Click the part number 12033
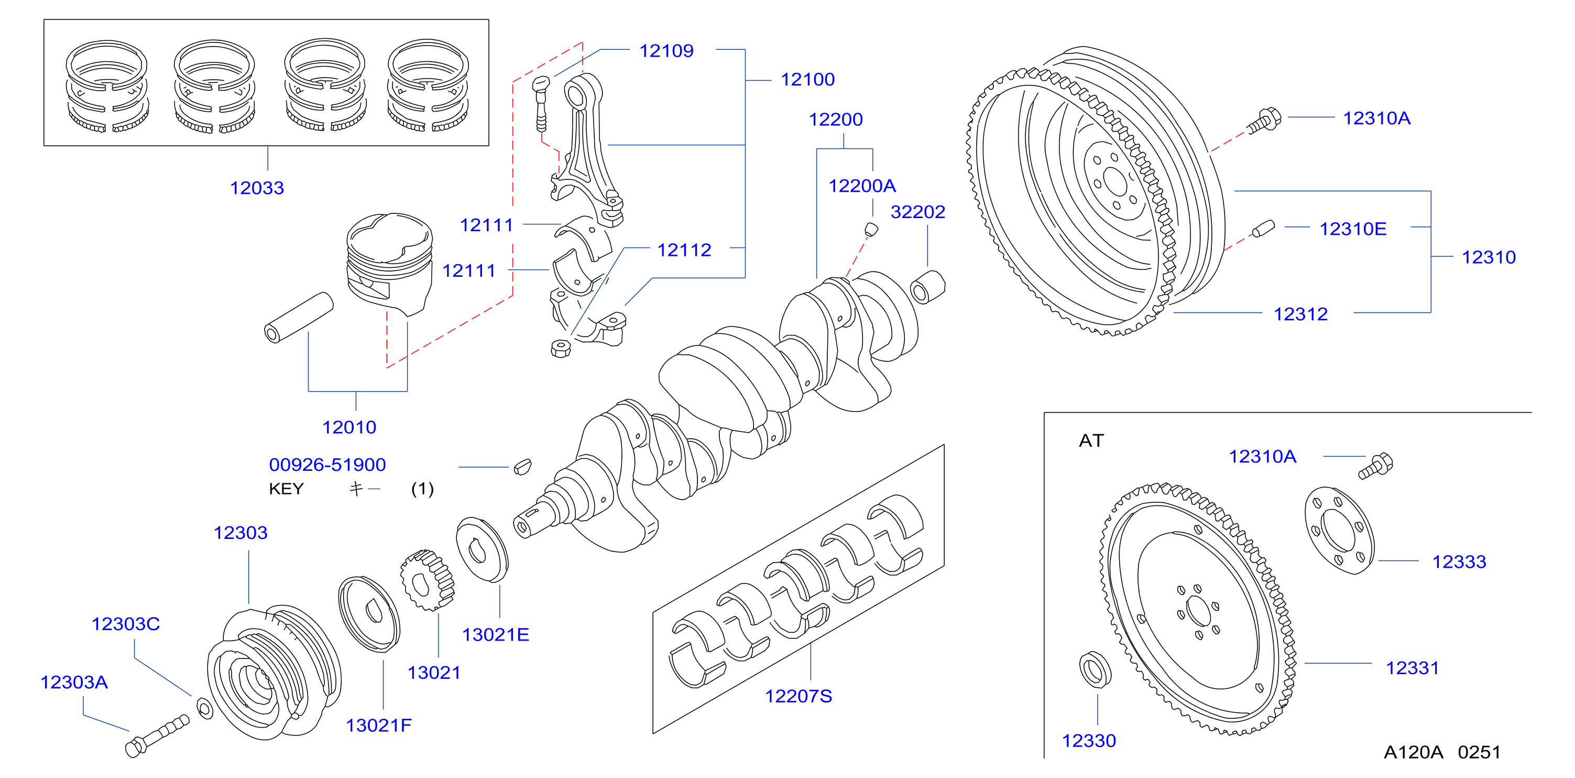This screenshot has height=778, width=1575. click(257, 188)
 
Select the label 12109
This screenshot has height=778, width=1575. click(666, 51)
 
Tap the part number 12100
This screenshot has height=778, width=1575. click(808, 80)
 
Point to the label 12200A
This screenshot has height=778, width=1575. click(862, 186)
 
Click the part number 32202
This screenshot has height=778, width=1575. click(918, 212)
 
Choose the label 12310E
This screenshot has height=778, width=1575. click(1353, 229)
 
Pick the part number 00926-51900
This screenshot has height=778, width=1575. click(327, 465)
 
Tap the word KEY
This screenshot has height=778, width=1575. click(286, 489)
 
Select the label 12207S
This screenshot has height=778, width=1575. click(799, 696)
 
